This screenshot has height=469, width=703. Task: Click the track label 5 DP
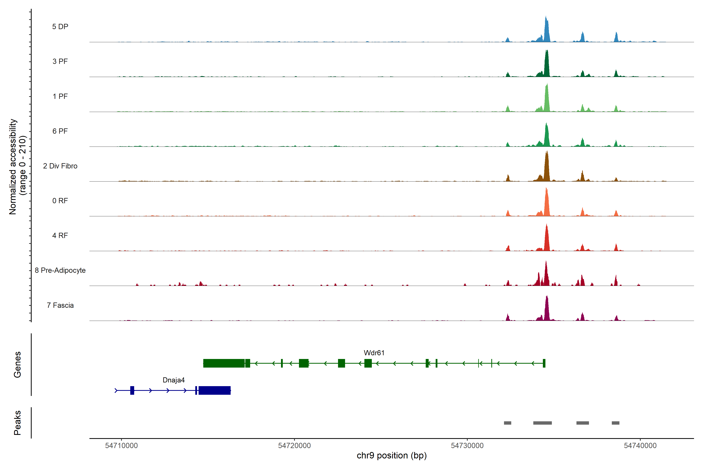(60, 27)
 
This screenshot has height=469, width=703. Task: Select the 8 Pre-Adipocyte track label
(60, 270)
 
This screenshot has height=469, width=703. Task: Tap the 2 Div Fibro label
(60, 166)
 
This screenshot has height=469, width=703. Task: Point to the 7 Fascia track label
(60, 305)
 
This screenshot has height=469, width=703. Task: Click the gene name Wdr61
(374, 353)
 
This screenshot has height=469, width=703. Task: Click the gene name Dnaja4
(174, 380)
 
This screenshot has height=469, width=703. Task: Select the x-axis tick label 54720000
(294, 446)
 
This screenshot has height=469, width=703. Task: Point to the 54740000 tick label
(640, 446)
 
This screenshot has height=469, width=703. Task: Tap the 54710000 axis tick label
(121, 446)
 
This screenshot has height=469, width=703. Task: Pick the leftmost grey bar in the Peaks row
(508, 423)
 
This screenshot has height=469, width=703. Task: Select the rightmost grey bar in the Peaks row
(616, 423)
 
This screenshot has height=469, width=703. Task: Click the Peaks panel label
(17, 423)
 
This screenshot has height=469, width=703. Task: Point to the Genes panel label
(17, 365)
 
